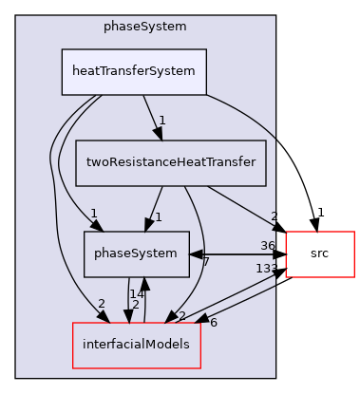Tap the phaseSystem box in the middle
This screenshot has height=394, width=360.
136,253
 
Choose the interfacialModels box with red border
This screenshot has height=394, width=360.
137,345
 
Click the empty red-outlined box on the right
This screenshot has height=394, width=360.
319,253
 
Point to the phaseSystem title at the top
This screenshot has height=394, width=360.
144,26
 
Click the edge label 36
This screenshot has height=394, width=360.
268,245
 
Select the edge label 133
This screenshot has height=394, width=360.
266,269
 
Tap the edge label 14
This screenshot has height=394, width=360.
136,294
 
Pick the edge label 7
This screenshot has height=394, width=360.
206,260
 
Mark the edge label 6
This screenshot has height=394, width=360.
213,322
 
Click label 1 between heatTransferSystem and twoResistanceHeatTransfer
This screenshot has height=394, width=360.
163,121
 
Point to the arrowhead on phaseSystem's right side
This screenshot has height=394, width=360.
195,254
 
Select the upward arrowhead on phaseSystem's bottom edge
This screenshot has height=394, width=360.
143,283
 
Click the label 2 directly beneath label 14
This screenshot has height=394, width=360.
136,306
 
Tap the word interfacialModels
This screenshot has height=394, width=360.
137,345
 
